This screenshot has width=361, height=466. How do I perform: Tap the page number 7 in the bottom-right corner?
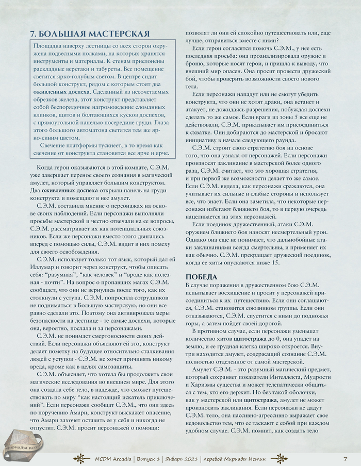[345, 458]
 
